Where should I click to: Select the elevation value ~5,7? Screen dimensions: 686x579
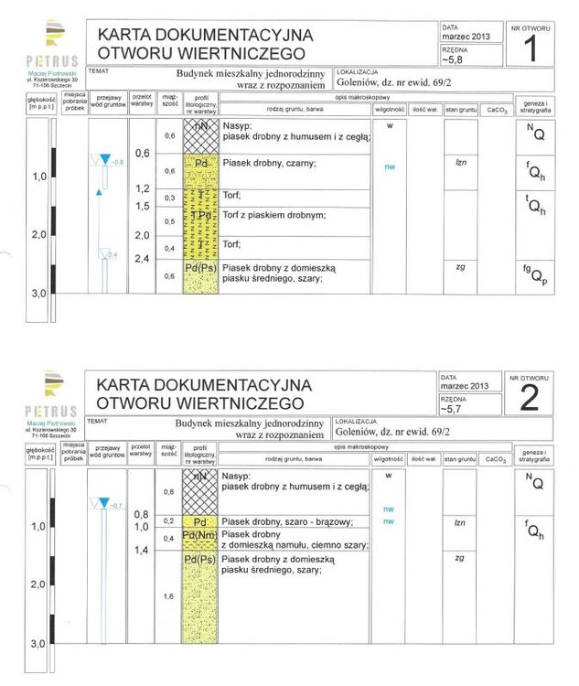[453, 409]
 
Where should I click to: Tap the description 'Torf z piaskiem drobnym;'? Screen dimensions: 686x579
[273, 214]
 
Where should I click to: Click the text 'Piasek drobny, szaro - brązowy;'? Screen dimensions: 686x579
[289, 520]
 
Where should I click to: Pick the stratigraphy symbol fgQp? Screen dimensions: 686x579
[535, 273]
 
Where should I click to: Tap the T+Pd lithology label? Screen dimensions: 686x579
[201, 215]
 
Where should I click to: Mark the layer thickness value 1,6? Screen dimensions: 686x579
[167, 596]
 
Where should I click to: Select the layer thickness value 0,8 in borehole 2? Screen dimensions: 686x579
[167, 492]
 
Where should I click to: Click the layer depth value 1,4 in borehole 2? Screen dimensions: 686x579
[141, 551]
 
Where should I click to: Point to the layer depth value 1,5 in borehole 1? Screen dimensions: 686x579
[141, 206]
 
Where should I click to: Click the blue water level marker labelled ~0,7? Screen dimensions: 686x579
[102, 504]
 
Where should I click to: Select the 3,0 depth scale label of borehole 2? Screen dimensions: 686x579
[38, 644]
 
